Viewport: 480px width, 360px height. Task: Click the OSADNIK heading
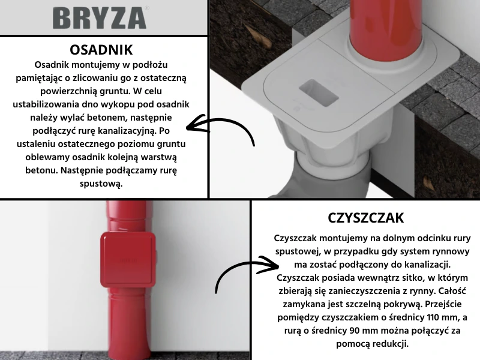(101, 49)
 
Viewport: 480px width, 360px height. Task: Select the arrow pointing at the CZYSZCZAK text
(246, 274)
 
